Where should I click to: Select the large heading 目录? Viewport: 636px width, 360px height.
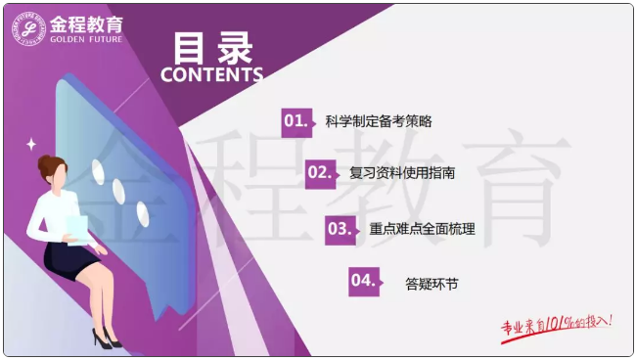212,47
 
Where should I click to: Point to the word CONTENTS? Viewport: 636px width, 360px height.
211,74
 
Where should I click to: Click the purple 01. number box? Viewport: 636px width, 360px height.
295,121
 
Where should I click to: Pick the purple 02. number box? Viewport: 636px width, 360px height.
320,173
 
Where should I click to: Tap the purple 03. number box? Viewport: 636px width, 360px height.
340,229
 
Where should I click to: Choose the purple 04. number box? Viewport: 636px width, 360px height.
363,282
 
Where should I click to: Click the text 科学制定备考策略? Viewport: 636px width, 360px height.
379,122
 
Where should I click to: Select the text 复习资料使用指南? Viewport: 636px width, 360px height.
402,174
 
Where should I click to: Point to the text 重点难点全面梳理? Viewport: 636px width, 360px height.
422,230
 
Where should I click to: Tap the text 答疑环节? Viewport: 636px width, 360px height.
432,285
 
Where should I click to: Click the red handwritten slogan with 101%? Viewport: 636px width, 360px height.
557,325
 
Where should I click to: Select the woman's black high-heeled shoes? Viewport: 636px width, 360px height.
106,337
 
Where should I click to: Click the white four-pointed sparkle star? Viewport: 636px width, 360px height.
31,144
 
